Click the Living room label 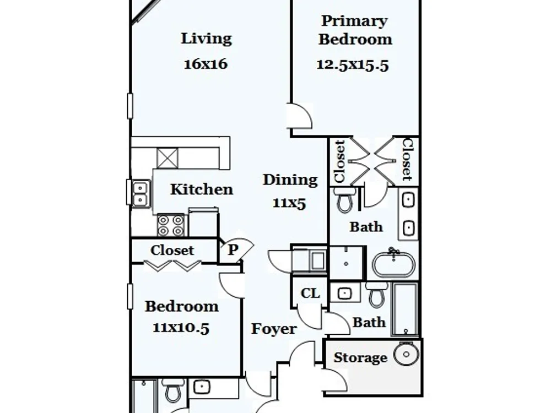pyautogui.click(x=206, y=39)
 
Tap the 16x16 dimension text pyautogui.click(x=206, y=64)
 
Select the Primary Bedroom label pyautogui.click(x=355, y=30)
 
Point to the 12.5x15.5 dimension pyautogui.click(x=353, y=65)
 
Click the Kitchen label pyautogui.click(x=202, y=189)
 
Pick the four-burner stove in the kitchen pyautogui.click(x=171, y=225)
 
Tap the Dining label pyautogui.click(x=290, y=180)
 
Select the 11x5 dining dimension pyautogui.click(x=290, y=203)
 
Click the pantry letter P pyautogui.click(x=233, y=249)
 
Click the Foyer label pyautogui.click(x=274, y=329)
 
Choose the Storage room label pyautogui.click(x=360, y=357)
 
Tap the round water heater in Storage pyautogui.click(x=406, y=354)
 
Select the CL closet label pyautogui.click(x=310, y=294)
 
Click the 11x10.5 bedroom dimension pyautogui.click(x=181, y=328)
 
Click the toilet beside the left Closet pyautogui.click(x=344, y=200)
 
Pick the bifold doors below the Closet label pyautogui.click(x=172, y=266)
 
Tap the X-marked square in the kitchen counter pyautogui.click(x=168, y=159)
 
